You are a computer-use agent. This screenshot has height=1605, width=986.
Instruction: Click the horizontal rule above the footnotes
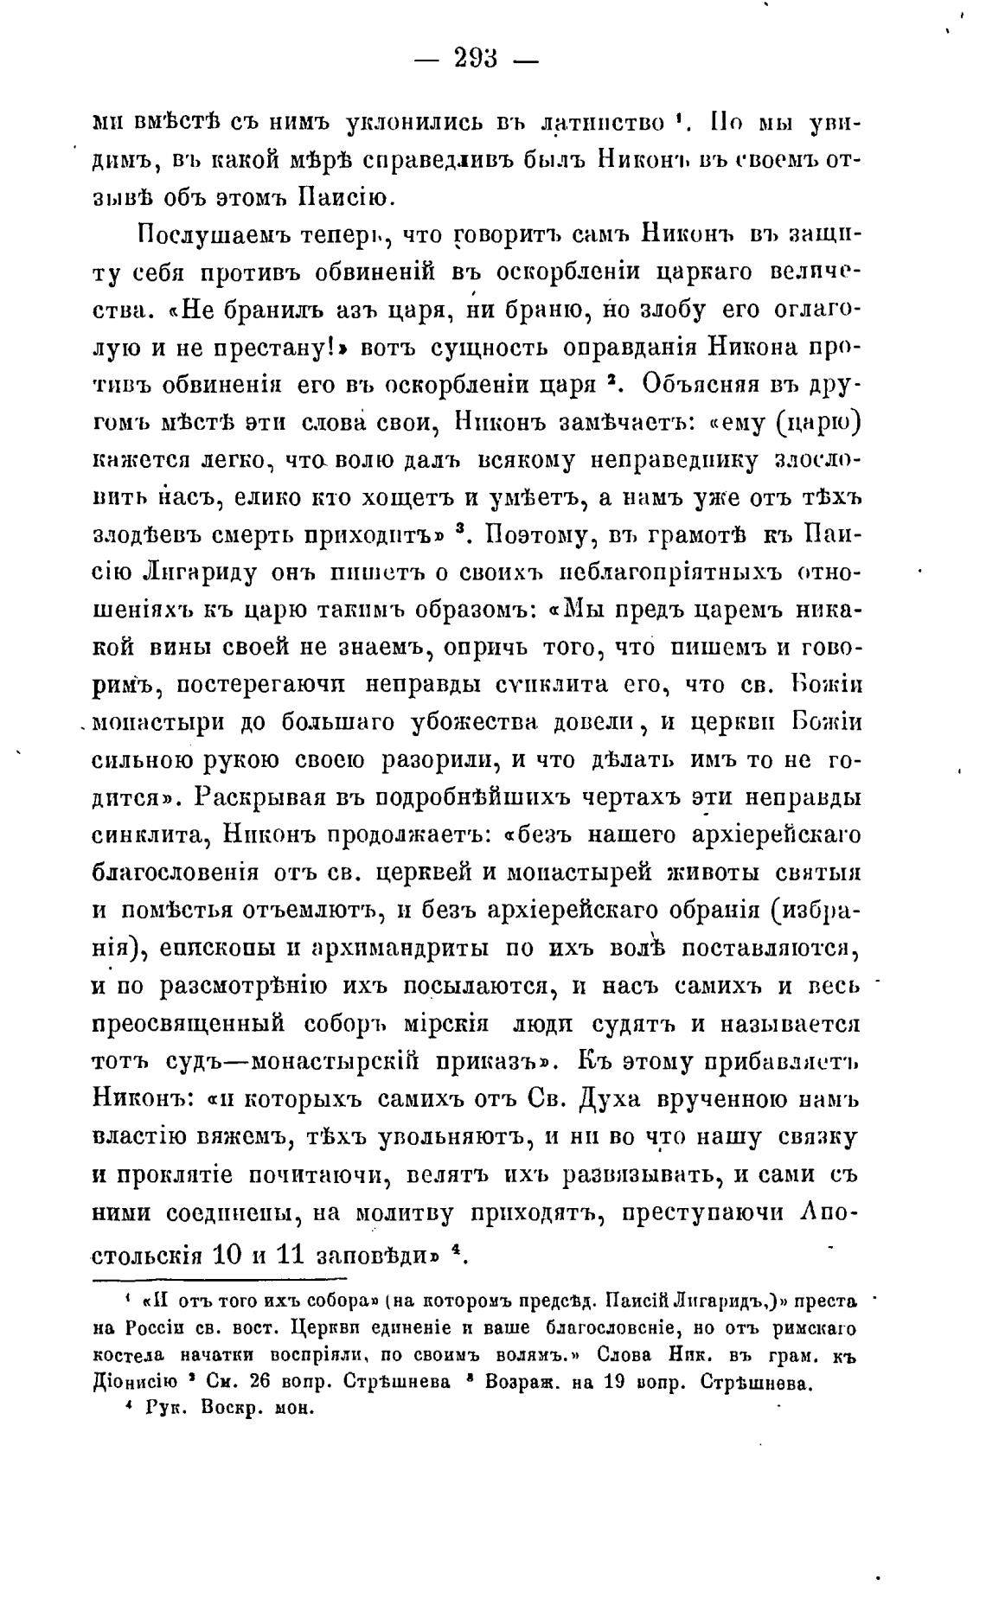point(220,1278)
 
